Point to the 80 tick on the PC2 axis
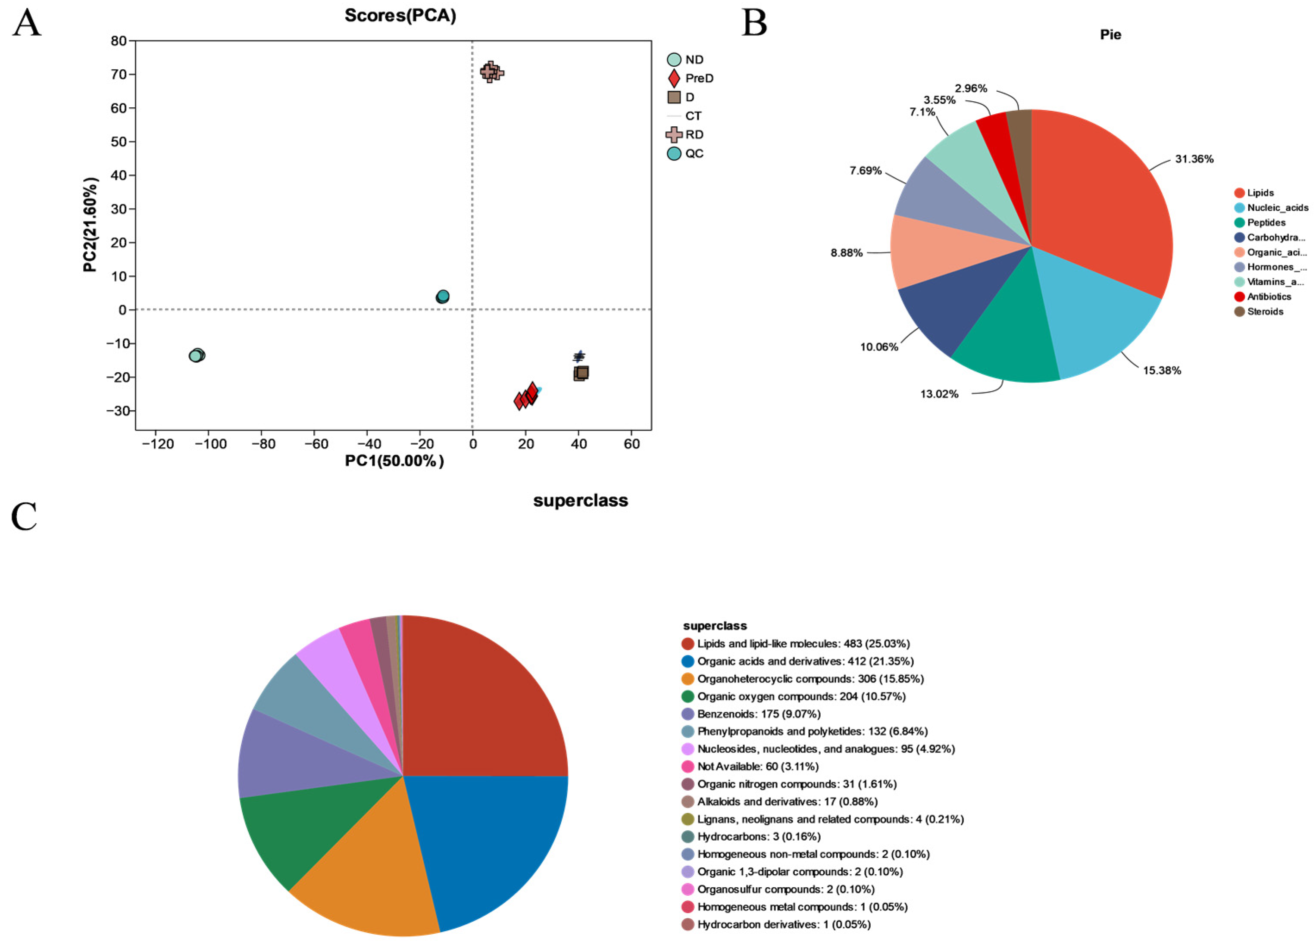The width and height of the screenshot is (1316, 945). click(119, 41)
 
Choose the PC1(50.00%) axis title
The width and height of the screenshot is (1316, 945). click(394, 461)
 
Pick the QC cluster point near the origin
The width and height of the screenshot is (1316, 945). click(443, 296)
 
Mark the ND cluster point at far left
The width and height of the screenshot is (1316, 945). click(197, 355)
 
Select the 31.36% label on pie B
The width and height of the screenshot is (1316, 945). click(1194, 159)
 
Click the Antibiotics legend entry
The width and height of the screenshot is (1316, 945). click(1269, 296)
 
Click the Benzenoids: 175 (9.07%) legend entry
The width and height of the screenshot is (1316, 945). click(758, 714)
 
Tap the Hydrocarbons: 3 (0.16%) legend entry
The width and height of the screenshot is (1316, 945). click(758, 836)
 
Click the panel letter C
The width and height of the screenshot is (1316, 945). click(25, 516)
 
